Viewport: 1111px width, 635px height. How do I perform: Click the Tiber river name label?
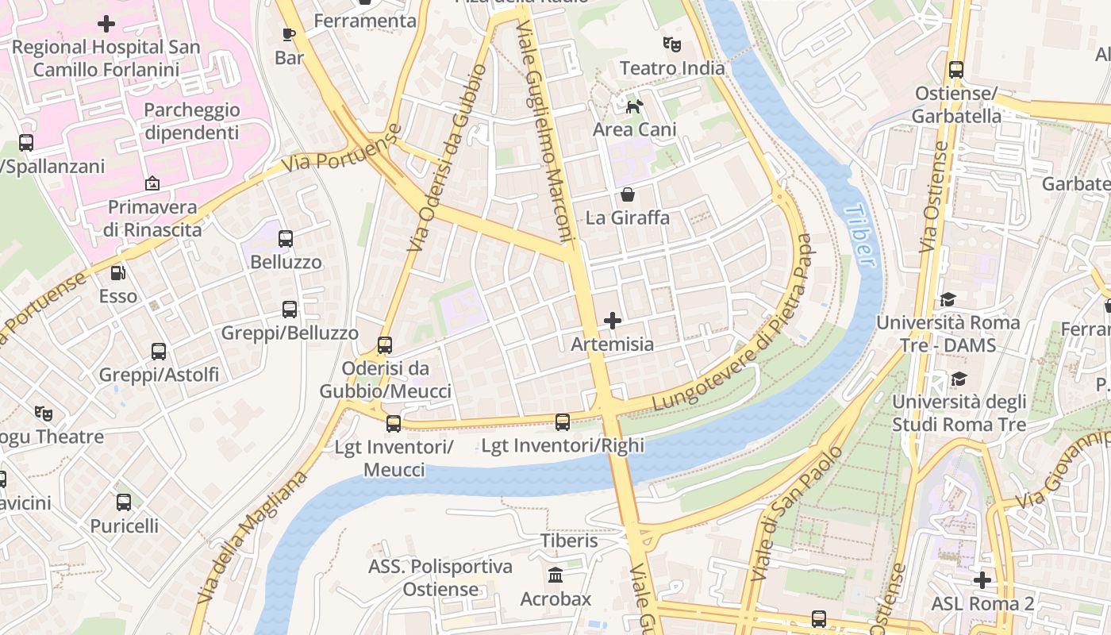(x=859, y=236)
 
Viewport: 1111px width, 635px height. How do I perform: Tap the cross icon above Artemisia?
(x=613, y=321)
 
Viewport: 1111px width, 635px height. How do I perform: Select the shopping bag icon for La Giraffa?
(x=628, y=194)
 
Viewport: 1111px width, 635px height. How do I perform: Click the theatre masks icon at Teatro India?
(x=672, y=44)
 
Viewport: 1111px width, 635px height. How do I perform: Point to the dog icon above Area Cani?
(x=634, y=106)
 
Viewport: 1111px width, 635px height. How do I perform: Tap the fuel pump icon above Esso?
(x=117, y=273)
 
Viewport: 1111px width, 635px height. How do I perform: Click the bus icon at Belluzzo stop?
(x=286, y=238)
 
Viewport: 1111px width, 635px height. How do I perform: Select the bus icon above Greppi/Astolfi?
(x=159, y=351)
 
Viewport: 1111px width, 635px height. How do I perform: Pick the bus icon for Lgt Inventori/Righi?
(x=563, y=422)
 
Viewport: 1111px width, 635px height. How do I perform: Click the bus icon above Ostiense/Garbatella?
(x=956, y=70)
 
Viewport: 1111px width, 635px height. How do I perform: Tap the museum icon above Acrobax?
(x=555, y=575)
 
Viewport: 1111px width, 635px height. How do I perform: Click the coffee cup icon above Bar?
(x=289, y=34)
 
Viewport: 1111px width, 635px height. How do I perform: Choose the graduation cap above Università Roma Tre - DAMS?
(x=948, y=299)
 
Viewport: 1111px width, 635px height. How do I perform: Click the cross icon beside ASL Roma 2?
(x=982, y=580)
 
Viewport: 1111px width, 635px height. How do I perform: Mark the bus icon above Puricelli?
(x=124, y=502)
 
